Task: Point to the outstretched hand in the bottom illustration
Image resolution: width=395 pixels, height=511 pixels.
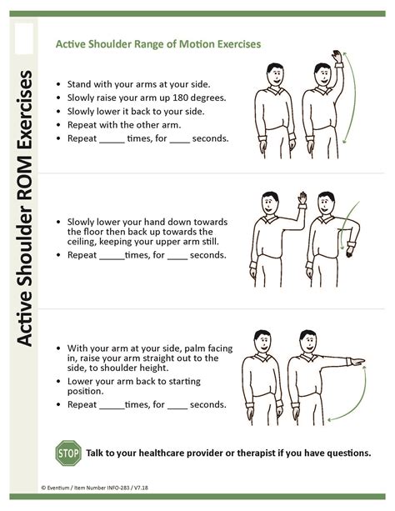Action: coord(358,362)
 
